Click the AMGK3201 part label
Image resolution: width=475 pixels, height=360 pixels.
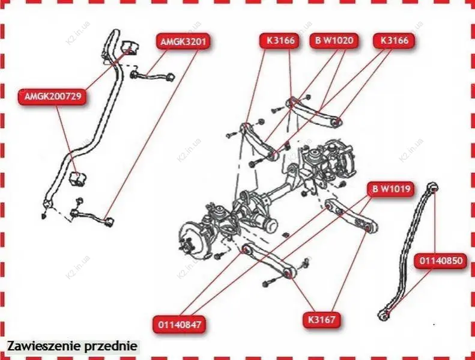pyautogui.click(x=183, y=41)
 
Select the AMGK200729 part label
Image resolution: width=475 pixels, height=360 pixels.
pyautogui.click(x=53, y=97)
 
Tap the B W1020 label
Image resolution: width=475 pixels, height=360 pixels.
pyautogui.click(x=334, y=40)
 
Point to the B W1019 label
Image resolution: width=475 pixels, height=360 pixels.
pyautogui.click(x=392, y=189)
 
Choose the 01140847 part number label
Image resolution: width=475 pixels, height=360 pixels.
pyautogui.click(x=180, y=325)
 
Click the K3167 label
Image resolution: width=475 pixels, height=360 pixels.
pyautogui.click(x=322, y=320)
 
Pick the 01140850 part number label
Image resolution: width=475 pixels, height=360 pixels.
pyautogui.click(x=441, y=261)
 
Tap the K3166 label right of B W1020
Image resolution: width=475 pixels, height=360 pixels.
pyautogui.click(x=394, y=40)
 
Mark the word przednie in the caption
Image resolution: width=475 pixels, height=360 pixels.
pyautogui.click(x=110, y=347)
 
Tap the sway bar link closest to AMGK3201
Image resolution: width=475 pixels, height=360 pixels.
pyautogui.click(x=153, y=76)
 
